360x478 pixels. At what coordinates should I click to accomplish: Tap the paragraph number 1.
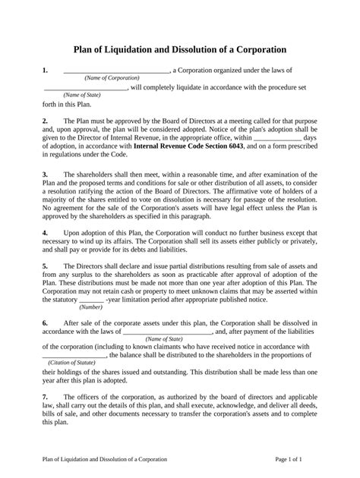46,70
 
